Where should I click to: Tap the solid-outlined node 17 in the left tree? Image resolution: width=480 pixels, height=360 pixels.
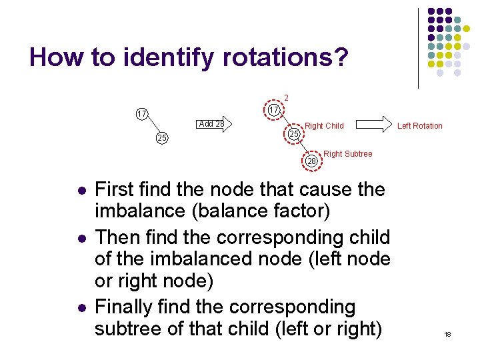(x=141, y=113)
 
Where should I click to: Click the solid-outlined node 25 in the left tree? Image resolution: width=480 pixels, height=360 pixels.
(x=161, y=138)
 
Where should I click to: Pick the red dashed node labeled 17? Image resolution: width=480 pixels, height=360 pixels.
(x=273, y=109)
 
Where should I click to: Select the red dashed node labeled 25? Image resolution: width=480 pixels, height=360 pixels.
(x=294, y=135)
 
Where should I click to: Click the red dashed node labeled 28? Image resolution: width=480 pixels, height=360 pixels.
(x=312, y=161)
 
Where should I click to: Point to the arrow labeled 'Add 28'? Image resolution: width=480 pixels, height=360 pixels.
(x=214, y=123)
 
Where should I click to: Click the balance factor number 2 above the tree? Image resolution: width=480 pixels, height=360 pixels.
(x=286, y=98)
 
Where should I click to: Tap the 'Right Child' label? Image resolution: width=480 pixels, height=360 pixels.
(x=324, y=125)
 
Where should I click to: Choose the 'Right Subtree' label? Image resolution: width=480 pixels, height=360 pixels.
(x=347, y=154)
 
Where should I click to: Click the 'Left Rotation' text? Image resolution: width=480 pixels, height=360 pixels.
(x=419, y=125)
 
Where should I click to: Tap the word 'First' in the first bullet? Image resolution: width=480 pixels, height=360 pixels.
(x=121, y=190)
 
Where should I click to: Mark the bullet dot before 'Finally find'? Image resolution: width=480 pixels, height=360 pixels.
(x=81, y=309)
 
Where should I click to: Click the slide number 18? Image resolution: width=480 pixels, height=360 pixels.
(x=447, y=334)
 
